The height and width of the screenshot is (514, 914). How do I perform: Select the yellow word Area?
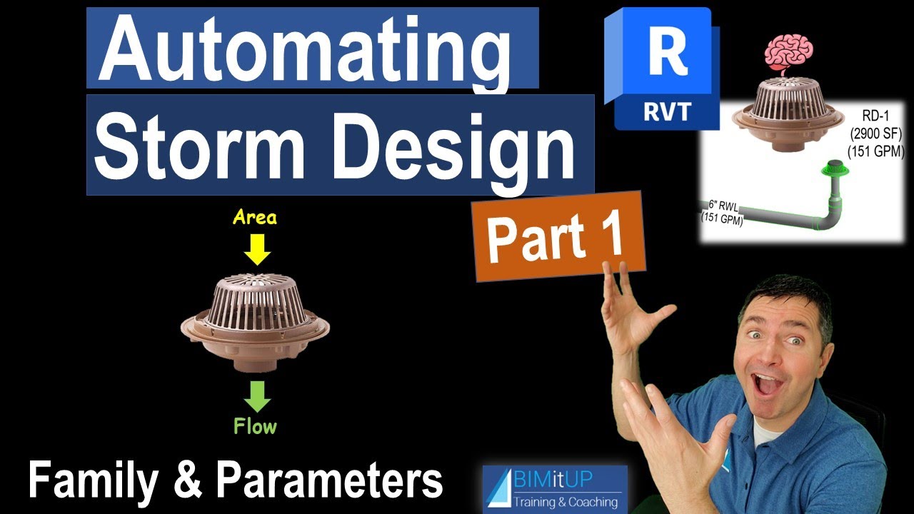point(255,218)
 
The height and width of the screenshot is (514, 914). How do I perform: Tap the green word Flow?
point(255,427)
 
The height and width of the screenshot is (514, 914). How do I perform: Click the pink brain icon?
point(783,51)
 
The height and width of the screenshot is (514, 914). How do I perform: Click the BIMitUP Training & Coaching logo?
point(555,489)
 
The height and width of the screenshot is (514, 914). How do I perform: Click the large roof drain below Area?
point(255,321)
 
